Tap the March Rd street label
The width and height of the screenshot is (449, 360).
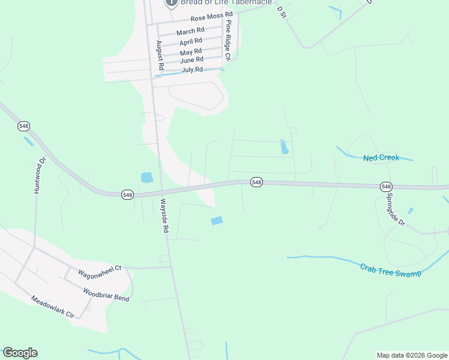click(x=190, y=31)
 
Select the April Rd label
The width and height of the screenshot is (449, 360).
click(x=191, y=42)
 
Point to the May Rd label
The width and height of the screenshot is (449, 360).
click(x=191, y=52)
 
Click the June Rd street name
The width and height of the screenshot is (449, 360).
click(x=191, y=60)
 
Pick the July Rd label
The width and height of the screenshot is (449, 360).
click(x=192, y=70)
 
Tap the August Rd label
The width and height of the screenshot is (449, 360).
click(x=160, y=56)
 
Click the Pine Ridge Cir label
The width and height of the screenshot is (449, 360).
click(x=228, y=40)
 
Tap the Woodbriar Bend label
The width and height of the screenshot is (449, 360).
click(x=106, y=294)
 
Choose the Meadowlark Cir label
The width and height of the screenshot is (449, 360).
click(x=52, y=307)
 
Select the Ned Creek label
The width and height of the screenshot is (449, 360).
click(x=381, y=158)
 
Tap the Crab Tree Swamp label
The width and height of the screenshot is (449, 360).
click(x=390, y=269)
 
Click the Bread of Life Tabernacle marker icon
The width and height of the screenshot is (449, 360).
click(x=171, y=2)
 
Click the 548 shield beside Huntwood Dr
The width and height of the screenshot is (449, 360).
click(x=23, y=126)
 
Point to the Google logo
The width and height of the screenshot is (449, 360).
click(x=20, y=353)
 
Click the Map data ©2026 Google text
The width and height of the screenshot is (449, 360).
click(x=411, y=355)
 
